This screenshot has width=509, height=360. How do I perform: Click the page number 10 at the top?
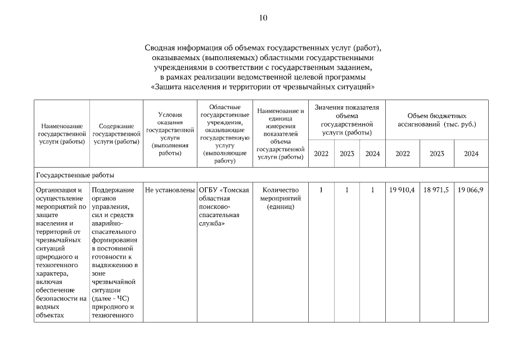[263, 17]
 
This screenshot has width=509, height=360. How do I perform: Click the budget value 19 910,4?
[402, 190]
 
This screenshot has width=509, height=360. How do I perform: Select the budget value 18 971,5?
[436, 190]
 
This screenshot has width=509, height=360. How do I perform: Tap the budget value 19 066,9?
[471, 190]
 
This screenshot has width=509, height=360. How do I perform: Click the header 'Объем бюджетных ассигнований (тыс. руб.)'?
[436, 119]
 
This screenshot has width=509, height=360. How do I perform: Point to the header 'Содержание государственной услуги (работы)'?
[116, 134]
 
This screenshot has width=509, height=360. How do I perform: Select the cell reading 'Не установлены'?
[169, 190]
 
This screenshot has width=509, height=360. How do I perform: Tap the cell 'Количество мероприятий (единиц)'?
[280, 198]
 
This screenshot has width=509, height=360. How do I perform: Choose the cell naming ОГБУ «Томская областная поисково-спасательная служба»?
[223, 206]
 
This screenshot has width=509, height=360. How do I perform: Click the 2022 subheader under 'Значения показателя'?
[321, 154]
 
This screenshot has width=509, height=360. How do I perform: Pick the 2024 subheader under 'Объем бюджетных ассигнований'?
[471, 154]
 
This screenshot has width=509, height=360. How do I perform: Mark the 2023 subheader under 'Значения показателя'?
[347, 154]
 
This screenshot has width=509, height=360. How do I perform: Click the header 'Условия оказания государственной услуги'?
[169, 133]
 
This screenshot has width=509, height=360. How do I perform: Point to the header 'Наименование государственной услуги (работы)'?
[62, 134]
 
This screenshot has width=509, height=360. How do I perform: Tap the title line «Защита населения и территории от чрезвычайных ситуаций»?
[263, 87]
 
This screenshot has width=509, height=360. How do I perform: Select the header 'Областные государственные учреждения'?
[224, 134]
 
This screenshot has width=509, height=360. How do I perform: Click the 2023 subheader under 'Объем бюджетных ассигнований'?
[436, 154]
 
